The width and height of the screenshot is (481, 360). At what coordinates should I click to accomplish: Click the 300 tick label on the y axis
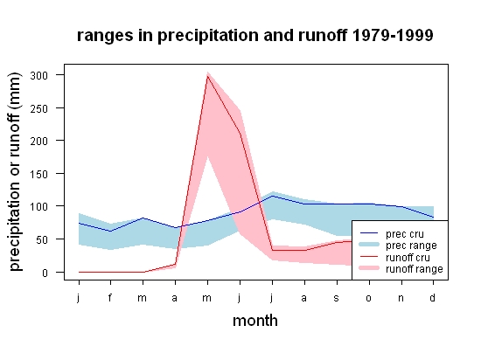click(39, 75)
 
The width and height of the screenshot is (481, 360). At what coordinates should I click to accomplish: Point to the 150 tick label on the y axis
click(39, 175)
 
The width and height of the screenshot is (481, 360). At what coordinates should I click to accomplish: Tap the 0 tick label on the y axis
click(45, 273)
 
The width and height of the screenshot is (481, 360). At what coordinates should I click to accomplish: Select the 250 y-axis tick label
click(39, 108)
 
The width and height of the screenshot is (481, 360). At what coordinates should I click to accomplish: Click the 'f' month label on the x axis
click(110, 297)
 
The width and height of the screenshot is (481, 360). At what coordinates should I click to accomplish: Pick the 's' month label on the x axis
click(337, 298)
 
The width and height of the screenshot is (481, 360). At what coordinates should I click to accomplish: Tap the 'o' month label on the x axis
click(369, 298)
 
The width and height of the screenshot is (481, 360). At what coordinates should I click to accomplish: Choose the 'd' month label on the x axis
click(432, 297)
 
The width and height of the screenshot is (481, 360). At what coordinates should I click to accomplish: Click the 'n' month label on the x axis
click(401, 298)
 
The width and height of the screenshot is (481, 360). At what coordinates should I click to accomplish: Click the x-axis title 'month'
click(255, 321)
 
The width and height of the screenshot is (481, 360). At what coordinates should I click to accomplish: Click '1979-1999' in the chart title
click(393, 35)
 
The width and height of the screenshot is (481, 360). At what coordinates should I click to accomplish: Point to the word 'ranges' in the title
click(105, 36)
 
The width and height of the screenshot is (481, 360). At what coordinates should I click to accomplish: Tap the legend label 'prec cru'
click(405, 234)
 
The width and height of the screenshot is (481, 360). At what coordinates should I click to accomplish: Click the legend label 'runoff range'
click(415, 269)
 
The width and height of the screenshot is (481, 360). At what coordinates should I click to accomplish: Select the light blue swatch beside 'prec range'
click(369, 245)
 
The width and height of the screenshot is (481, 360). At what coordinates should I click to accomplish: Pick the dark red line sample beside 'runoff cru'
click(369, 257)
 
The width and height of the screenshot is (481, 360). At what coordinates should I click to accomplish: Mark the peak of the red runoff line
click(207, 76)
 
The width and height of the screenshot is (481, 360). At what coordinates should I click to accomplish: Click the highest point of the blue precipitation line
click(272, 196)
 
